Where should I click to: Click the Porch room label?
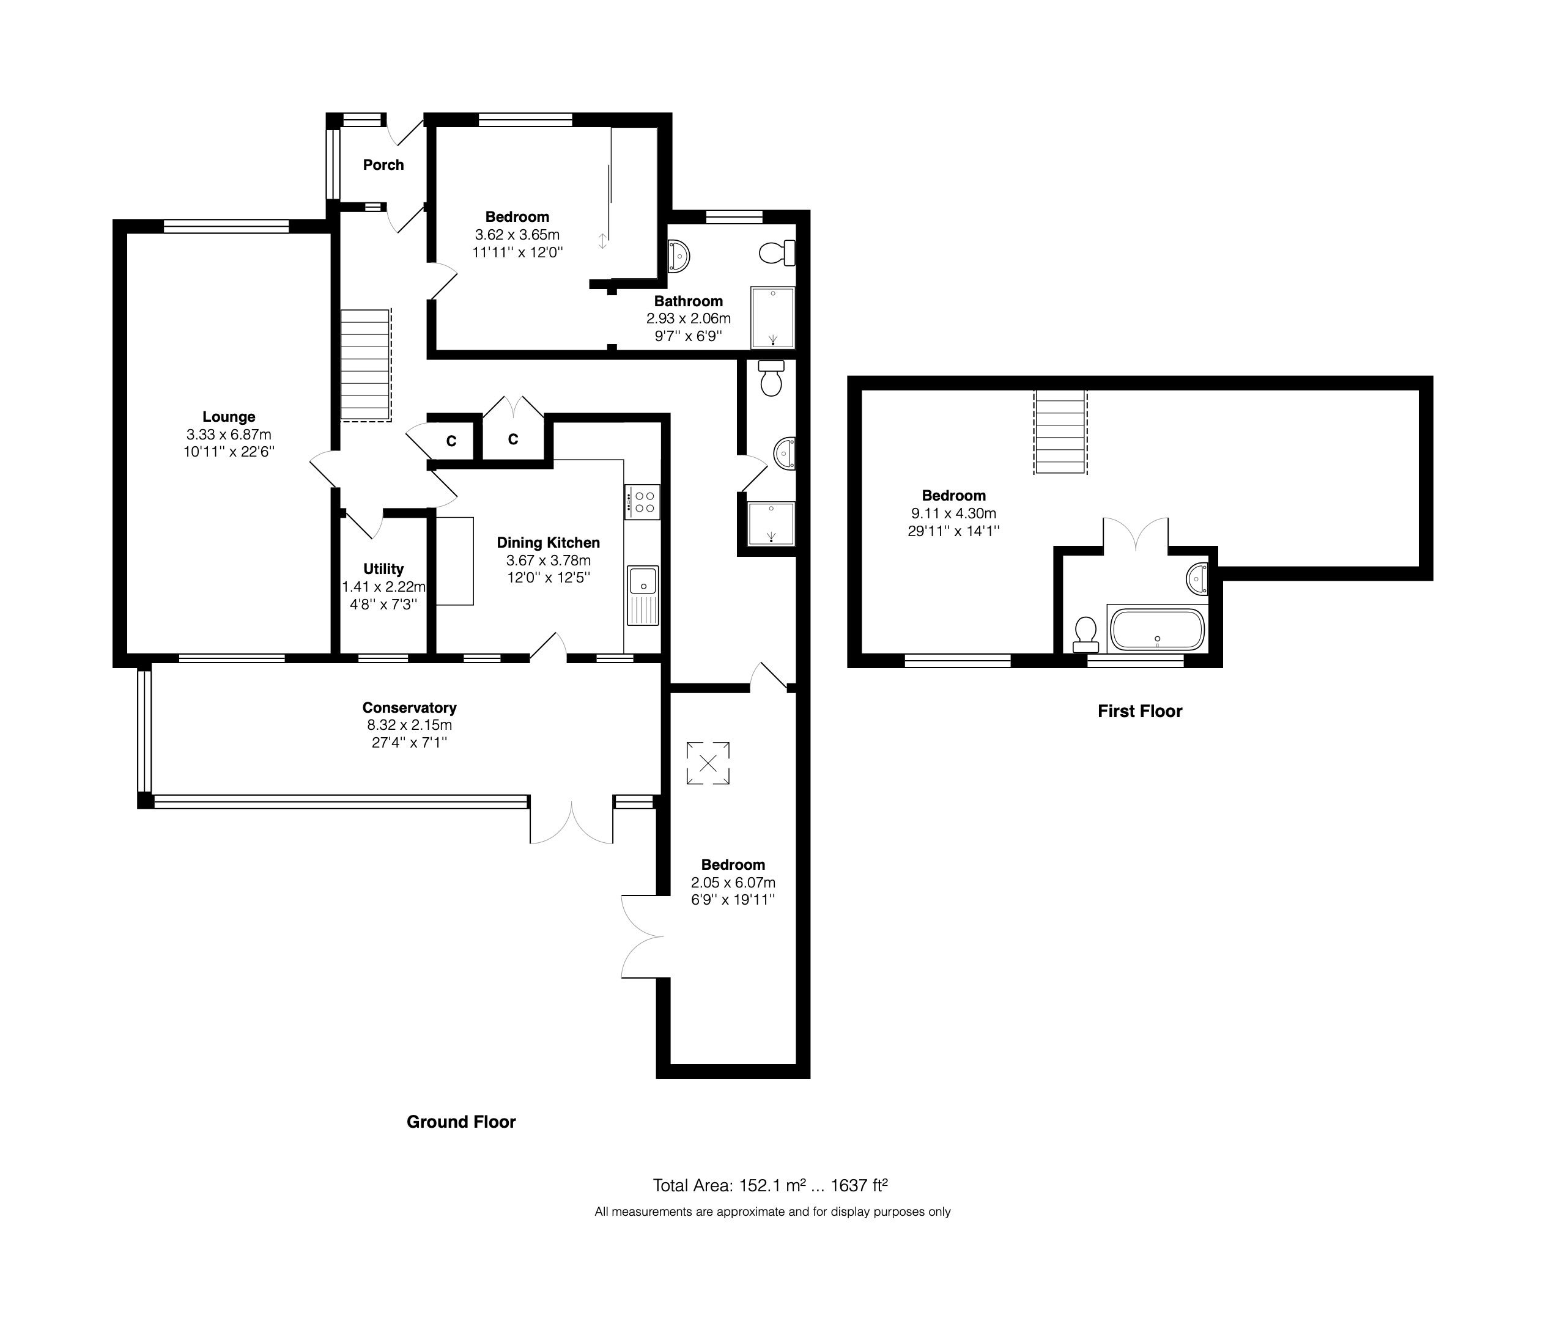point(383,165)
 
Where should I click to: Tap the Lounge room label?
point(229,417)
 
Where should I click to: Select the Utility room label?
point(383,569)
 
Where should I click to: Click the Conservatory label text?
point(409,707)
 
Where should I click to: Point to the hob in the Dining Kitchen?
point(642,502)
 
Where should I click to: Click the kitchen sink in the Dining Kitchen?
point(642,581)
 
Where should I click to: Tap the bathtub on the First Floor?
point(1156,630)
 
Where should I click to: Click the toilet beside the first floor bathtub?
point(1084,633)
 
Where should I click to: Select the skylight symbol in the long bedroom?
point(708,763)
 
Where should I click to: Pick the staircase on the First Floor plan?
point(1060,432)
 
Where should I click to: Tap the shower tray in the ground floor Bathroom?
point(772,317)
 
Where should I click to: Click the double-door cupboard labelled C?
point(512,439)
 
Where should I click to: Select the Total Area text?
point(770,1185)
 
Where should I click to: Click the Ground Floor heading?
point(461,1122)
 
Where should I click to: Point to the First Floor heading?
point(1140,711)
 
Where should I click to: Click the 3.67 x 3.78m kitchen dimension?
point(548,560)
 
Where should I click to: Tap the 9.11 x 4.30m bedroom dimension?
point(953,513)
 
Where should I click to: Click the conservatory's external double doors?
point(571,822)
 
